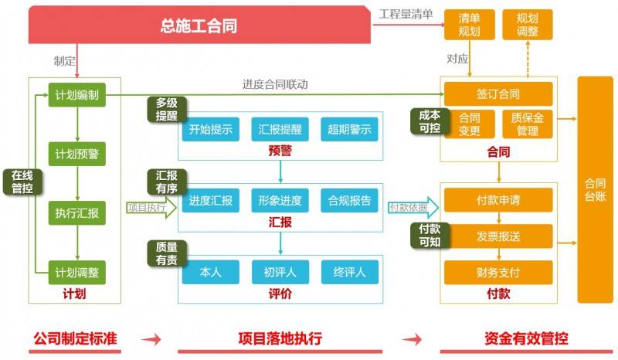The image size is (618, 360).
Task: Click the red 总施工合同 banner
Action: click(199, 25)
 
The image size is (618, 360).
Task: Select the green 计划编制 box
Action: click(76, 94)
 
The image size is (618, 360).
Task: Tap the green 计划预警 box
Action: click(76, 154)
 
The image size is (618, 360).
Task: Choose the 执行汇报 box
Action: click(76, 213)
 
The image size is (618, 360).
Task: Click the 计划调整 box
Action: click(76, 273)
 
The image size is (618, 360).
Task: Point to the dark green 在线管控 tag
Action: click(22, 182)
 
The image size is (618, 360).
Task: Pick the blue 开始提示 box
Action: click(210, 129)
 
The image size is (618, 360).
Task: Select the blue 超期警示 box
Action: click(349, 129)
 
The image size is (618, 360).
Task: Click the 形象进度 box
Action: click(280, 201)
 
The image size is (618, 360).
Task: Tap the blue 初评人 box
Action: click(280, 272)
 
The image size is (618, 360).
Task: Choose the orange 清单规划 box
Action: click(470, 25)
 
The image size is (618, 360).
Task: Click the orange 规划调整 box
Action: click(528, 25)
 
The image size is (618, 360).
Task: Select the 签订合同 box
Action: click(498, 93)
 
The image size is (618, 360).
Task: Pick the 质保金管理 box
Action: click(528, 124)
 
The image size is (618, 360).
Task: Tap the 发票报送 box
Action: click(498, 236)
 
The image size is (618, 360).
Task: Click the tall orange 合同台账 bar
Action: click(595, 190)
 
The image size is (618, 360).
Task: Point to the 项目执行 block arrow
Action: click(151, 207)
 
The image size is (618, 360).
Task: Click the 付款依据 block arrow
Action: click(413, 207)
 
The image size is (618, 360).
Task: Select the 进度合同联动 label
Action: click(275, 84)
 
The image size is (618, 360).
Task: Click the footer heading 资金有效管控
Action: click(527, 338)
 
